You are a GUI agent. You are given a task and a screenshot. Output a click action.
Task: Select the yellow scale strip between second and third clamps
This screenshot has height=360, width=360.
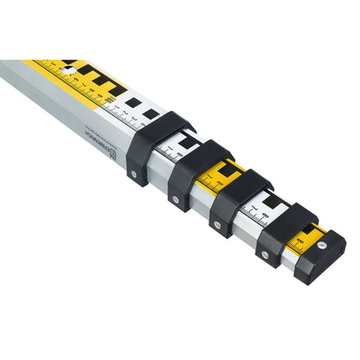point(223,176)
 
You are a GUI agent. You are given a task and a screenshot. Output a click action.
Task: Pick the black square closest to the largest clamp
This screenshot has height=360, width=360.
point(151,113)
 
